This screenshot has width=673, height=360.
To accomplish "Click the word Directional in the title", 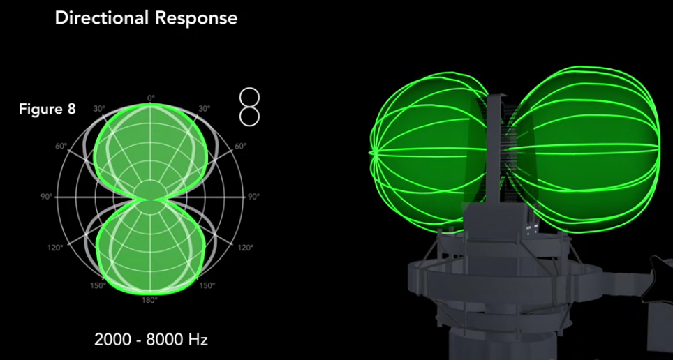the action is [x=106, y=18].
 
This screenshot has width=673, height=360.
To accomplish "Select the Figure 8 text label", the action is [x=47, y=109].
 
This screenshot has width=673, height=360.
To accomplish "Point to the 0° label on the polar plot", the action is [x=151, y=98].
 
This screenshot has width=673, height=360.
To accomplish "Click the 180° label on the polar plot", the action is [x=150, y=300].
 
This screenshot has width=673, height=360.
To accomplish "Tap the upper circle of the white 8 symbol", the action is [x=249, y=98].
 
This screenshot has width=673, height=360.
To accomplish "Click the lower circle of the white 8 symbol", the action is [x=249, y=117].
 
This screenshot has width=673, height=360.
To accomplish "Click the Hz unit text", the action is [x=198, y=340].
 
